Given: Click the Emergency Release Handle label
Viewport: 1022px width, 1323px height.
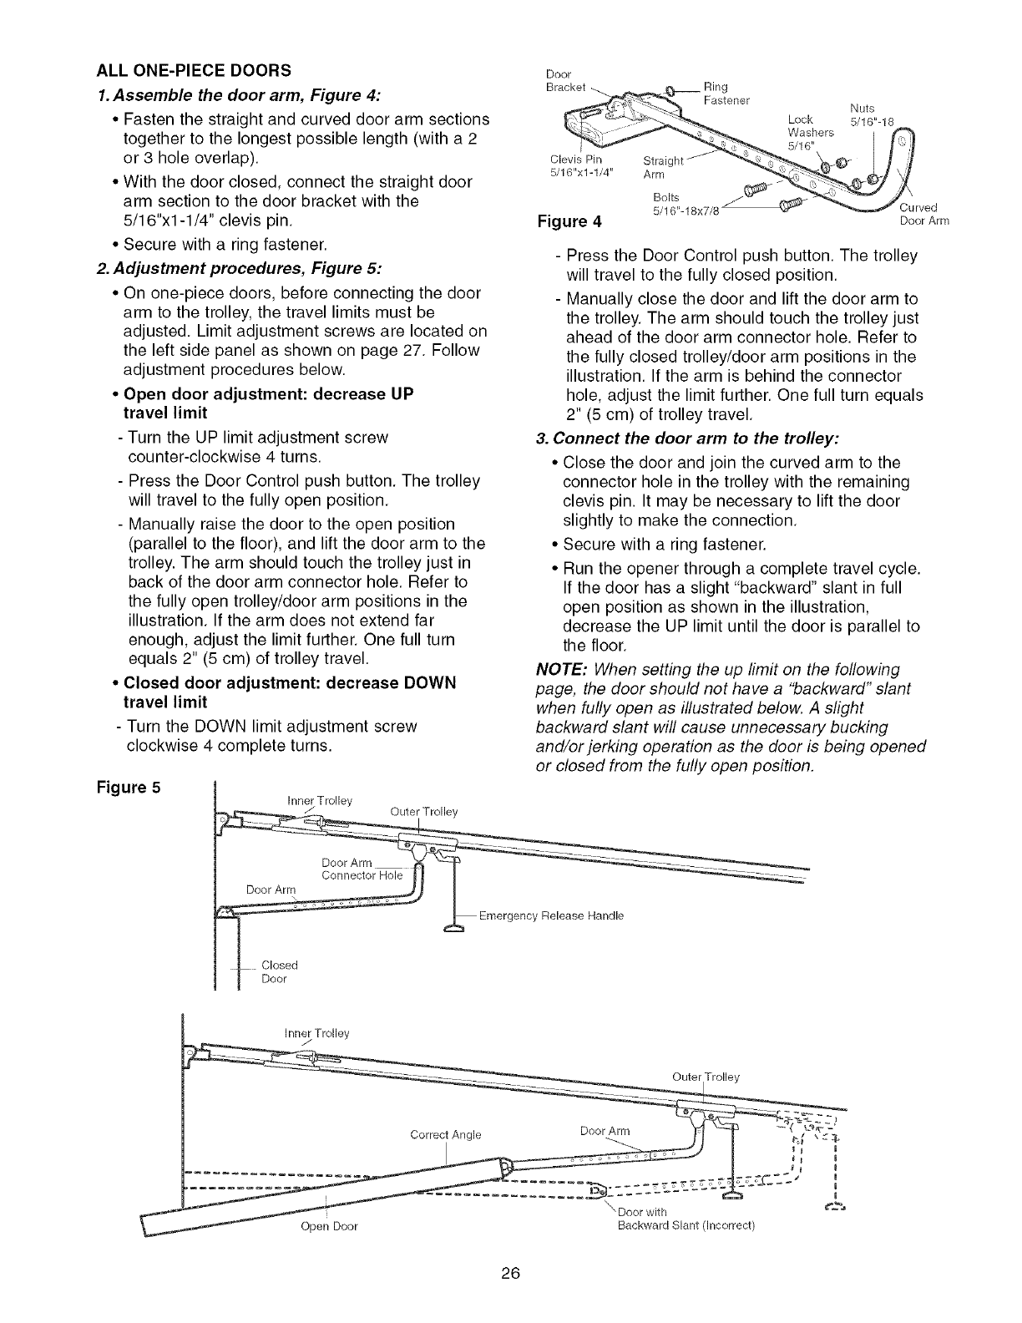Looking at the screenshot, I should (551, 916).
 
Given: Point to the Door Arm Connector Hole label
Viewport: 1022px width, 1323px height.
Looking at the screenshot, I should (362, 869).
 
